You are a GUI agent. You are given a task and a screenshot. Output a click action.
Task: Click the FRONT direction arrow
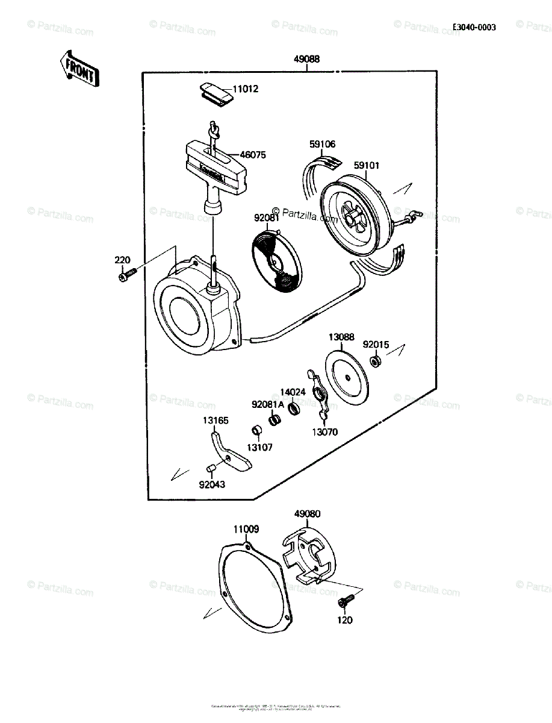coord(79,68)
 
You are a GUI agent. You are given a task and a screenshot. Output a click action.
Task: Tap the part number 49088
coord(306,60)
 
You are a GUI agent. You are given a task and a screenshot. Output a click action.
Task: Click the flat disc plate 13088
coord(346,378)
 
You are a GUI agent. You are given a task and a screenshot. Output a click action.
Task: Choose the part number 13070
coord(324,431)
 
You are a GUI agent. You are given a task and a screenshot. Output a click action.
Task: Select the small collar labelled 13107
coord(255,431)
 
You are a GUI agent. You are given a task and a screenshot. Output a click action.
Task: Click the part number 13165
coord(216,421)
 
